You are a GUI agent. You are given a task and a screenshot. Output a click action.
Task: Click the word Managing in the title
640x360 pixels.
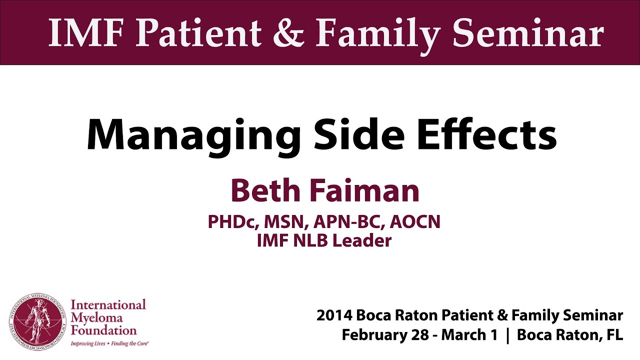[x=193, y=137]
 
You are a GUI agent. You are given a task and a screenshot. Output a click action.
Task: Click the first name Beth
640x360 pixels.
[x=265, y=190]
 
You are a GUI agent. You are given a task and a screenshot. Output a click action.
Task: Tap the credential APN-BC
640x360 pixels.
[x=349, y=222]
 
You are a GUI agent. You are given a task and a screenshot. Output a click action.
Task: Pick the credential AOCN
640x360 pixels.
[x=415, y=221]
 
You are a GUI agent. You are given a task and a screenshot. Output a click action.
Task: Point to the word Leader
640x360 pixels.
[x=362, y=240]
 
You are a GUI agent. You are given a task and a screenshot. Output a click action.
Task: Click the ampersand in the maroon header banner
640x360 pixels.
[x=288, y=32]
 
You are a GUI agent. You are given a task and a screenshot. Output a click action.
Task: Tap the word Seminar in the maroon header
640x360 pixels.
[x=528, y=32]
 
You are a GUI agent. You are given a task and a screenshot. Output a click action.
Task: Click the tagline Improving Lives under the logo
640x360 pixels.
[x=88, y=343]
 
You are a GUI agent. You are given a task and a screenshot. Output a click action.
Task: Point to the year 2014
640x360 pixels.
[x=333, y=315]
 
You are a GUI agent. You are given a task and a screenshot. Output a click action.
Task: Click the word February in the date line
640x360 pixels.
[x=374, y=335]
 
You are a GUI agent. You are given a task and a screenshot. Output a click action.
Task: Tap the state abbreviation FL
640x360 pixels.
[x=615, y=335]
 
